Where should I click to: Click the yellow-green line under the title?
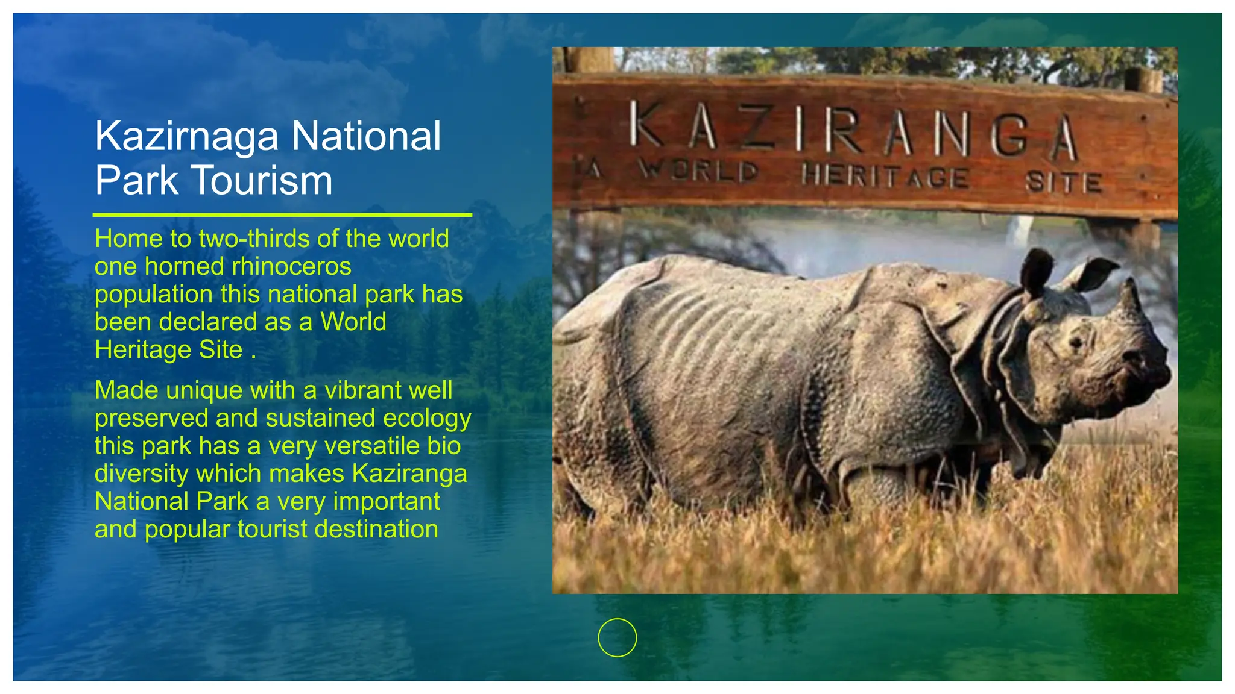point(282,214)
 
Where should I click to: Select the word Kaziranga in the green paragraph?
point(409,474)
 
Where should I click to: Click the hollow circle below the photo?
point(617,637)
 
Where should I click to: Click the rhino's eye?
point(1075,343)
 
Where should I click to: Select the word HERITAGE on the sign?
point(885,177)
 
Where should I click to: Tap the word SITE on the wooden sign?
point(1064,182)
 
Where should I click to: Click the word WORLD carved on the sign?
point(698,171)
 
